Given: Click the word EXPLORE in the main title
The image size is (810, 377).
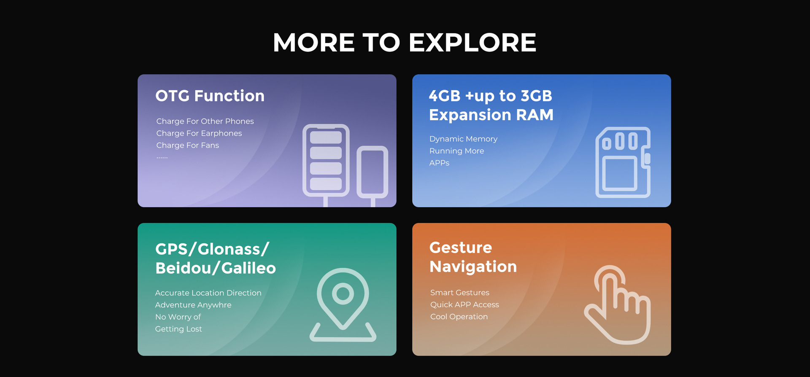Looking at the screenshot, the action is [472, 43].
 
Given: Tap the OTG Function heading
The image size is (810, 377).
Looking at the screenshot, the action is [210, 96].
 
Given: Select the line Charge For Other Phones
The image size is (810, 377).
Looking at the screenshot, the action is [205, 121].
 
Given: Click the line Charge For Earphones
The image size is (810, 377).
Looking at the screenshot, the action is [199, 133].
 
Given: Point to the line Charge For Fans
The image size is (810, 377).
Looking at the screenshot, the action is [188, 145].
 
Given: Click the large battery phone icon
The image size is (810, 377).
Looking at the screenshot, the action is [326, 160].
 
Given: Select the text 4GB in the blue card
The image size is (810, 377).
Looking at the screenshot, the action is [445, 96].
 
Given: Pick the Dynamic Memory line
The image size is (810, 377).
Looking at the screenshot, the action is [463, 139].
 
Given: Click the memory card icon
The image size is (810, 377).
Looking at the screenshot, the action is [623, 162].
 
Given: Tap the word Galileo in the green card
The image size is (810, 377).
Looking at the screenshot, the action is [248, 268].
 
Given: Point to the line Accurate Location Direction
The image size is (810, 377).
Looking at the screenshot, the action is [208, 293].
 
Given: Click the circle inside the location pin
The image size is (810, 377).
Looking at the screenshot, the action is [343, 293].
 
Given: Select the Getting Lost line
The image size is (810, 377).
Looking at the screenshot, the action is [178, 329].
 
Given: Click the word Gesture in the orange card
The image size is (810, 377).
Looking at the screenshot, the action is [461, 248].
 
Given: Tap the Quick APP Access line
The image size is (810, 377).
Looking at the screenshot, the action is [464, 304].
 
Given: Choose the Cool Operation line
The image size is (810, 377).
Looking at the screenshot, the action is [459, 317].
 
